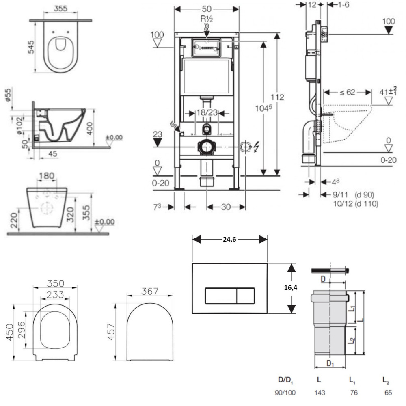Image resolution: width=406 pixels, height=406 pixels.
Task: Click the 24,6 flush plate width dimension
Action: (230, 240)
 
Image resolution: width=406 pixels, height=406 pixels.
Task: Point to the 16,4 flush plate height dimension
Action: (291, 288)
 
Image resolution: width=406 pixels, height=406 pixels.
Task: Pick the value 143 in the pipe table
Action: (320, 393)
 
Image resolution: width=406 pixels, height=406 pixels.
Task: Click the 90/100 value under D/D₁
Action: (286, 393)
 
